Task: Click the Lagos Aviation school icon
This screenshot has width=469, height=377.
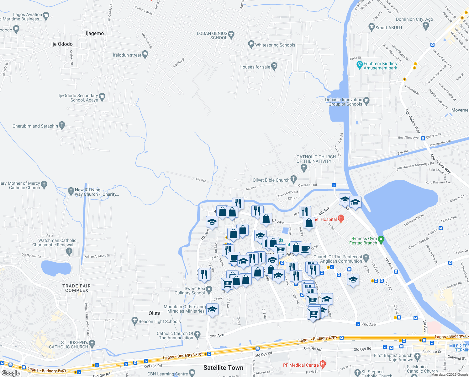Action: click(46, 16)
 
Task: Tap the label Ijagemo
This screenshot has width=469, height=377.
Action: click(95, 34)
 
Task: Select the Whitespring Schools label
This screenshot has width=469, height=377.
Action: click(275, 45)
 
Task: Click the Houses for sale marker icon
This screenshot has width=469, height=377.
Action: click(274, 66)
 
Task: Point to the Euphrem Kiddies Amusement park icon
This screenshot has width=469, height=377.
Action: click(360, 65)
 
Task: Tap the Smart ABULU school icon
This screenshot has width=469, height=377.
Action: click(372, 27)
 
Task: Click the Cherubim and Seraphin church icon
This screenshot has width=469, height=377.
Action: click(62, 126)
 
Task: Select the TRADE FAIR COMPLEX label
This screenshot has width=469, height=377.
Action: click(76, 288)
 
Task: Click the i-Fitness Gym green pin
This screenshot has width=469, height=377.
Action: click(381, 240)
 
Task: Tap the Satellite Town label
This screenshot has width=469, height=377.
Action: click(223, 368)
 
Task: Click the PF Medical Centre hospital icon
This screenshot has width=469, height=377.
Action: click(323, 364)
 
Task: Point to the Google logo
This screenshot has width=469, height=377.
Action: click(11, 373)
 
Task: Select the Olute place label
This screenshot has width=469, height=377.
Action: click(154, 313)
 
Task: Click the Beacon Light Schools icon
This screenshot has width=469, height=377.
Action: click(135, 321)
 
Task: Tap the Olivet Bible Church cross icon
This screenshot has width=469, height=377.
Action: click(294, 179)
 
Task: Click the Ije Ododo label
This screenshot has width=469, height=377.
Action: click(62, 44)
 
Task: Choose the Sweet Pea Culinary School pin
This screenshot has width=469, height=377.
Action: click(209, 289)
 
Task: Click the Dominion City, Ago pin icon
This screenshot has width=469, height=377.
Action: click(426, 26)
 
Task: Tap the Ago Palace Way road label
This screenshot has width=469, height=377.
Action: click(412, 121)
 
